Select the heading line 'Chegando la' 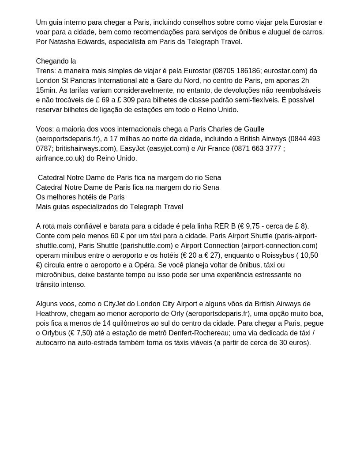coord(56,61)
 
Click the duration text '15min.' coord(46,90)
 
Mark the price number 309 coord(129,100)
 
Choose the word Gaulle coord(252,129)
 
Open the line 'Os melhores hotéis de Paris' coord(80,197)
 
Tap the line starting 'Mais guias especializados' coord(109,207)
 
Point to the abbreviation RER coord(222,226)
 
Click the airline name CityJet coord(116,304)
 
